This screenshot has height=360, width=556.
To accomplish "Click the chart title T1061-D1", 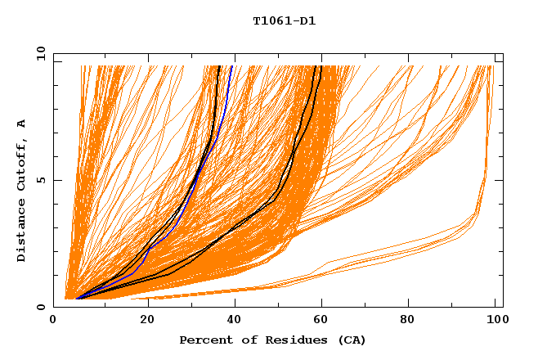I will [284, 20].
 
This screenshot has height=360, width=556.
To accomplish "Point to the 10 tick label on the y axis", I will [40, 53].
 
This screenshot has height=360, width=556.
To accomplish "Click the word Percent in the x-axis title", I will [203, 340].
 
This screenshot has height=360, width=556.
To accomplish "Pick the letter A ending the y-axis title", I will [21, 123].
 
